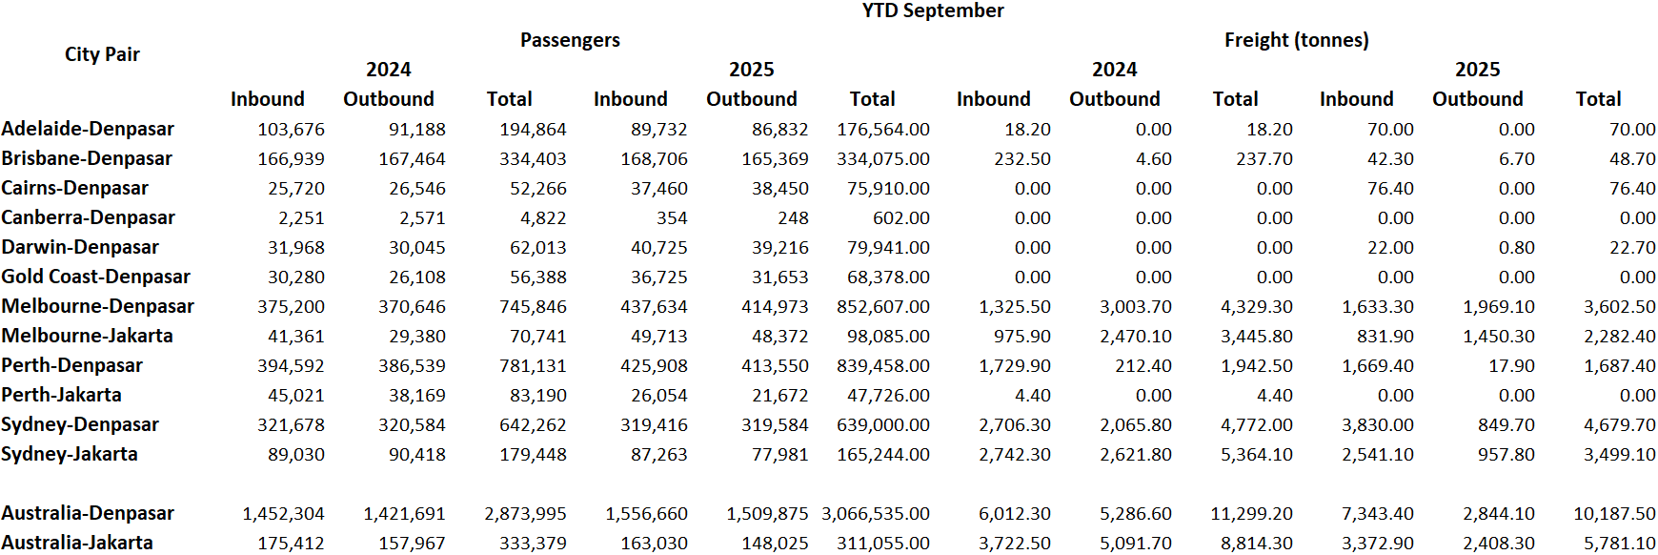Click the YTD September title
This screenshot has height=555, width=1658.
tap(932, 10)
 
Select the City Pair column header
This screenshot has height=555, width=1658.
tap(102, 54)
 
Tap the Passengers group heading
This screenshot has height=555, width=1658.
tap(570, 40)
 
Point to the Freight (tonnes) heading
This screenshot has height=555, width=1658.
tap(1296, 40)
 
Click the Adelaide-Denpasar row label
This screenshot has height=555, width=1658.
tap(88, 129)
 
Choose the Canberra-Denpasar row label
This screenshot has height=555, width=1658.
tap(88, 217)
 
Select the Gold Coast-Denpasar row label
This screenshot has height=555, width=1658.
tap(95, 277)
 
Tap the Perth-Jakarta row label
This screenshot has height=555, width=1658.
tap(61, 395)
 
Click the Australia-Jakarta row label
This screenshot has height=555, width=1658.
tap(77, 543)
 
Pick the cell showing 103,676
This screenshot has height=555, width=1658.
tap(291, 130)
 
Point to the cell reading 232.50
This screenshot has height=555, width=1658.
tap(1022, 159)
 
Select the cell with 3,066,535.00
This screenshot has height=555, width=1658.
tap(876, 514)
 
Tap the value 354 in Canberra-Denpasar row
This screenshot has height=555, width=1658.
tap(672, 218)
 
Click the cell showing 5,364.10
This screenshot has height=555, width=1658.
tap(1257, 455)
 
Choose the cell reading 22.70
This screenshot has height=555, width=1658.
tap(1632, 248)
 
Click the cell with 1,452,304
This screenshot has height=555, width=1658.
tap(283, 514)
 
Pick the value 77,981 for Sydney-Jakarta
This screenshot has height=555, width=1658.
tap(779, 455)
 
